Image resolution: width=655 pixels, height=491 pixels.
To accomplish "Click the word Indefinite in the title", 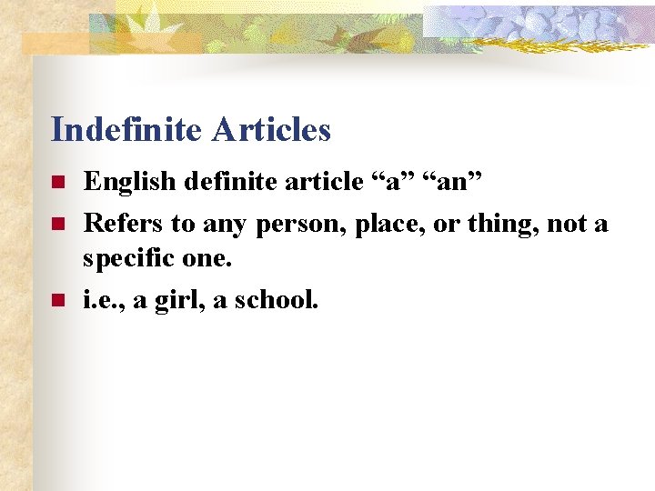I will pos(127,130).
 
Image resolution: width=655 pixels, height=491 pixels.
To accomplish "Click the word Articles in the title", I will pos(271,130).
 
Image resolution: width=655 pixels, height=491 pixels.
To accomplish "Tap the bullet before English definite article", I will pos(56,183).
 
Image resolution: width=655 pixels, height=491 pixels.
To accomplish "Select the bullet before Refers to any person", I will pos(56,223).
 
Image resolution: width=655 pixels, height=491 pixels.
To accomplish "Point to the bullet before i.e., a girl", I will pos(56,299).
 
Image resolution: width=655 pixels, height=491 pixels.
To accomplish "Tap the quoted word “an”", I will pos(452,182).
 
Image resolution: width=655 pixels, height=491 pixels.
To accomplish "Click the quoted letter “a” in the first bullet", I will pos(383,182).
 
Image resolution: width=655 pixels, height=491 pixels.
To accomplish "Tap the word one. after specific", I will pos(207,261).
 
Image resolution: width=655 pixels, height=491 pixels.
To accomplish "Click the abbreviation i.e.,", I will pos(105,299).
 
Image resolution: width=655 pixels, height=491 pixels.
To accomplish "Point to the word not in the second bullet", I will pos(570,223).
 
